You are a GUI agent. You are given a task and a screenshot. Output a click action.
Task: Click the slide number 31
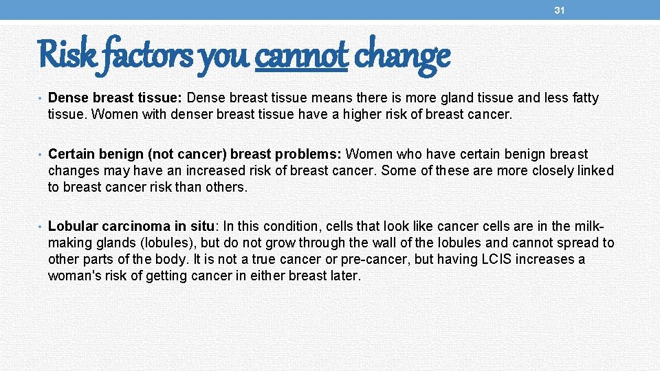[560, 10]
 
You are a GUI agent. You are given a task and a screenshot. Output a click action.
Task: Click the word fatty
[582, 98]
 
